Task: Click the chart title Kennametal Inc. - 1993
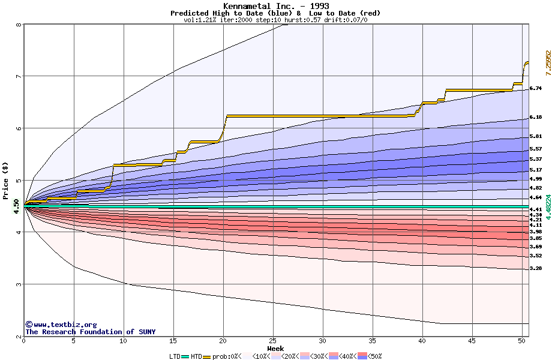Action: click(275, 6)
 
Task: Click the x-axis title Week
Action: click(275, 348)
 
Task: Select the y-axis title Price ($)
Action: click(5, 180)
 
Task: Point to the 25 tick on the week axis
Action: click(273, 341)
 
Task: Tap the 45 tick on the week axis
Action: click(472, 341)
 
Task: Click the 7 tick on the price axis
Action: click(19, 76)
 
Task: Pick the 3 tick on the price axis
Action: click(19, 284)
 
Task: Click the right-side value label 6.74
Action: click(536, 88)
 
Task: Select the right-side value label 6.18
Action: click(536, 118)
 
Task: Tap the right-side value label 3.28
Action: click(536, 269)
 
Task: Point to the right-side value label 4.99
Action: click(536, 179)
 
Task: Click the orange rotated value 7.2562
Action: click(547, 62)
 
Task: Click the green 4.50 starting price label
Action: click(16, 206)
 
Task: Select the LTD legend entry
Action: click(176, 356)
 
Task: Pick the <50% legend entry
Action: click(374, 356)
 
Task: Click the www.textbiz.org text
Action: click(65, 325)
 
